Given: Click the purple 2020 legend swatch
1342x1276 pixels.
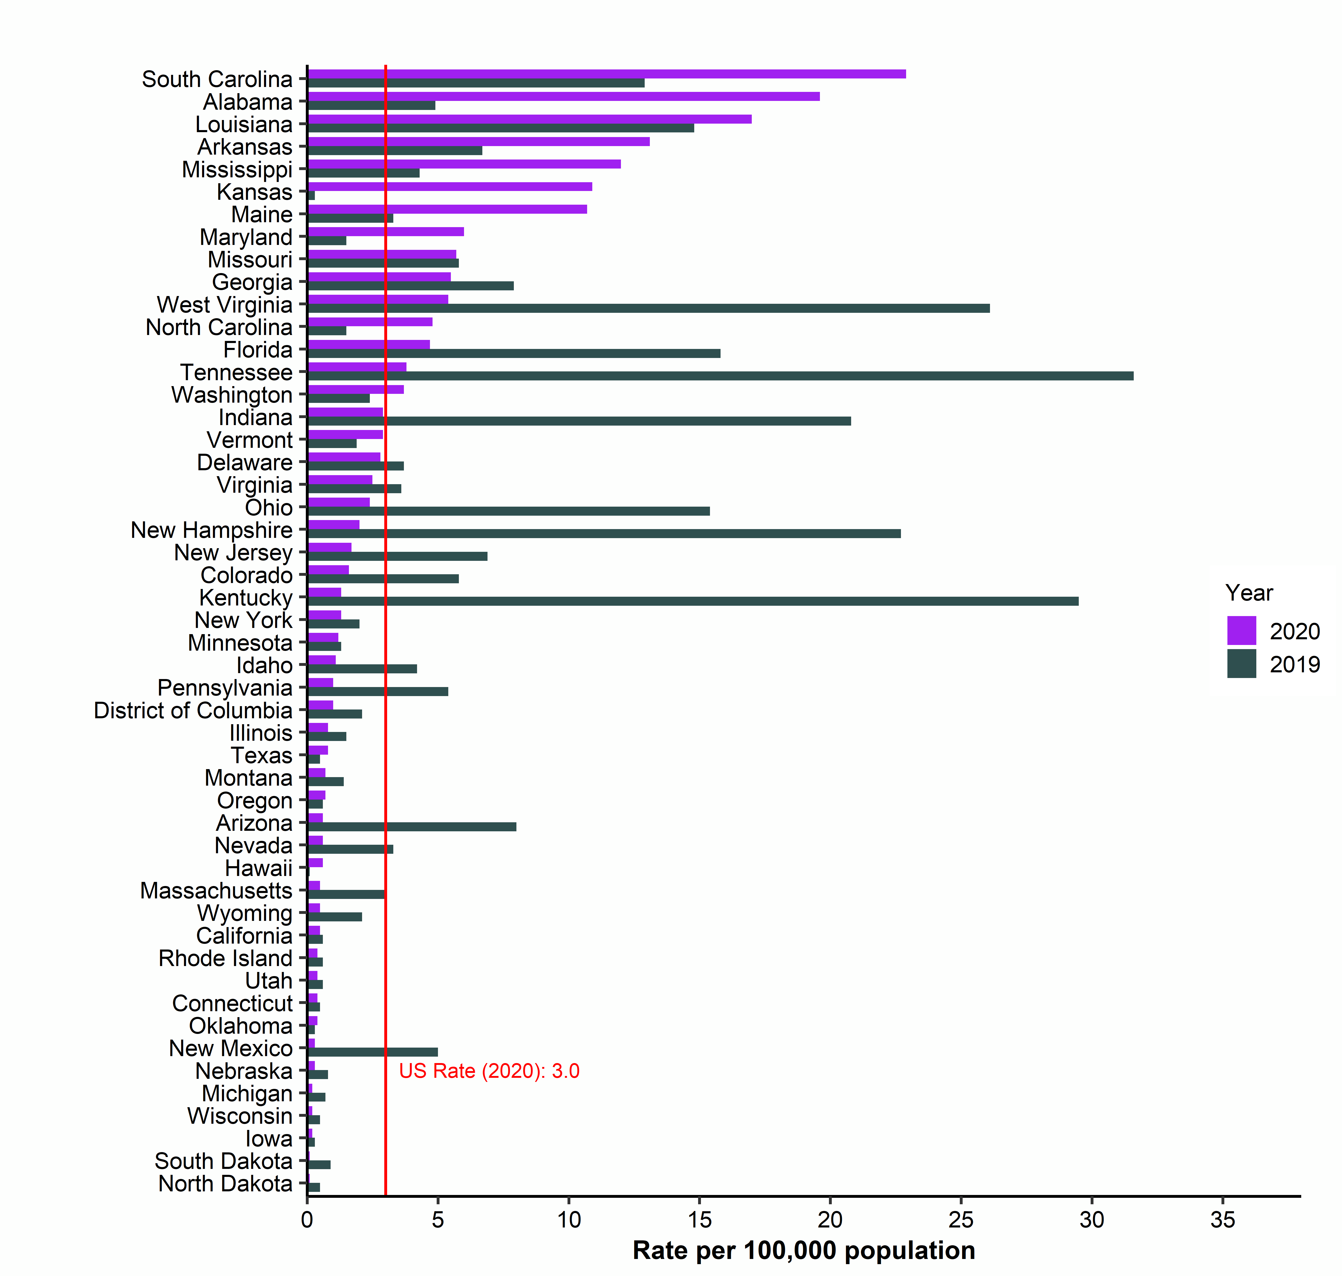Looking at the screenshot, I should pyautogui.click(x=1241, y=631).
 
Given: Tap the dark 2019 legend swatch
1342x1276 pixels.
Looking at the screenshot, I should pyautogui.click(x=1241, y=664).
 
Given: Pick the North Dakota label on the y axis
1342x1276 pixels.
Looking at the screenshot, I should pyautogui.click(x=225, y=1184).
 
